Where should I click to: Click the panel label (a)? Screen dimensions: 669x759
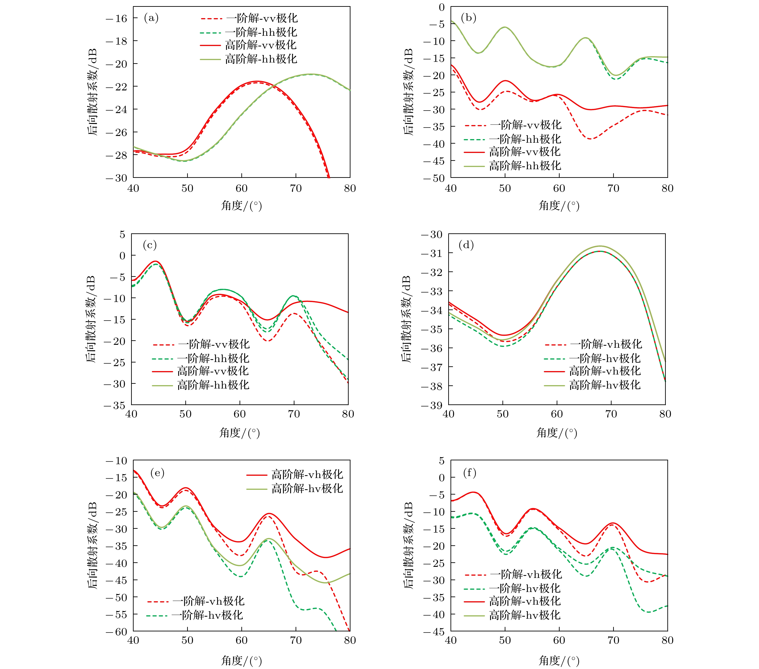(151, 18)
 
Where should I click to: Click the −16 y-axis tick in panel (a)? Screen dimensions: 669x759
(117, 19)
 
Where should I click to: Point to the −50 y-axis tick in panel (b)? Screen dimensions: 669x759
(434, 178)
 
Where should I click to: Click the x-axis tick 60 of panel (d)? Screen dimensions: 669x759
(557, 414)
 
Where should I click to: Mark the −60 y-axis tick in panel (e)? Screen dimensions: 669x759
(117, 632)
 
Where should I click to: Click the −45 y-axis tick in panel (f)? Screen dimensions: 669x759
(434, 632)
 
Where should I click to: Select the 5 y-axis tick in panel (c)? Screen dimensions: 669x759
(122, 234)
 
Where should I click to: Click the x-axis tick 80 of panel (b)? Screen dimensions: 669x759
(667, 188)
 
